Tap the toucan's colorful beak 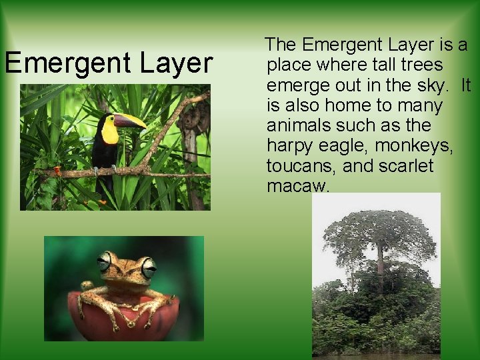(130, 121)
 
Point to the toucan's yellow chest (110, 132)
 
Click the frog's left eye (104, 261)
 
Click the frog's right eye (148, 267)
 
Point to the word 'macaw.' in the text (298, 186)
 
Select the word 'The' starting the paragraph (281, 45)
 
